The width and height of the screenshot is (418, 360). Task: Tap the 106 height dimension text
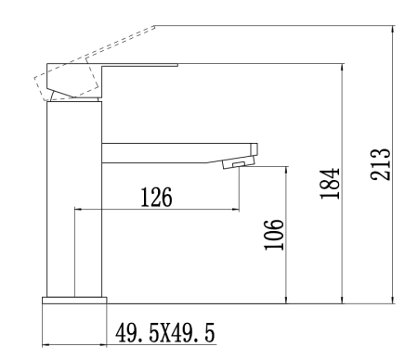point(273,236)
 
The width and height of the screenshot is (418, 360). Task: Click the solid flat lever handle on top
point(139,67)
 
